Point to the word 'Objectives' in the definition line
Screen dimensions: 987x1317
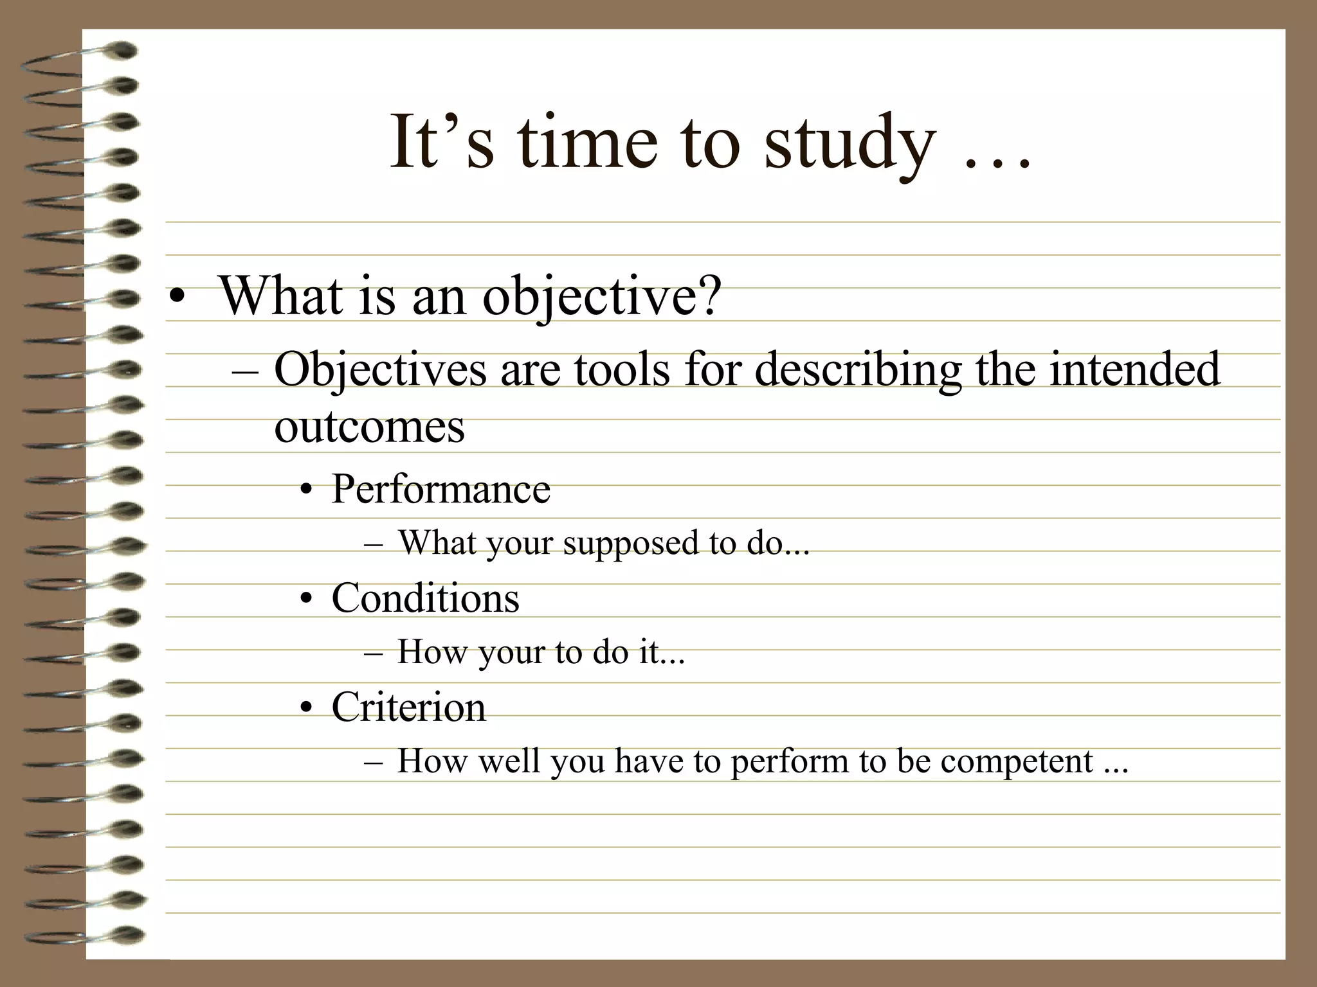pos(380,370)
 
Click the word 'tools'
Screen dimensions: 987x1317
pos(621,370)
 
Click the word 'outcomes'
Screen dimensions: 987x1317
pos(369,427)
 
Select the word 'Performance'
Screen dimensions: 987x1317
pos(441,489)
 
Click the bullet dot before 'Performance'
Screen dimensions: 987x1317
pos(307,492)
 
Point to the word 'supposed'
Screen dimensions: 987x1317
pos(630,544)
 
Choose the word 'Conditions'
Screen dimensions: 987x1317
pos(425,598)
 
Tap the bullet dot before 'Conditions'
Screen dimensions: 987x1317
pos(307,600)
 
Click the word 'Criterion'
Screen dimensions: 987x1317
pos(408,707)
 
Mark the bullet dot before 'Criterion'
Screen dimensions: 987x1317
pos(307,709)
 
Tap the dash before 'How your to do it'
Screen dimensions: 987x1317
pos(373,654)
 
